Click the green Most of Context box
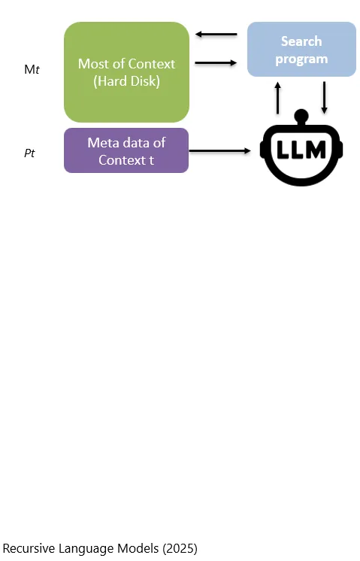pyautogui.click(x=126, y=72)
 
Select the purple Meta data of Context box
pyautogui.click(x=126, y=150)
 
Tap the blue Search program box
pyautogui.click(x=301, y=50)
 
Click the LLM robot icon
pyautogui.click(x=301, y=147)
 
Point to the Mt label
pyautogui.click(x=32, y=69)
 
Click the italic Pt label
pyautogui.click(x=29, y=153)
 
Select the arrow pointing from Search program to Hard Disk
pyautogui.click(x=216, y=35)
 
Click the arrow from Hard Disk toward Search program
pyautogui.click(x=216, y=63)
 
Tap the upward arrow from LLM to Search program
pyautogui.click(x=277, y=98)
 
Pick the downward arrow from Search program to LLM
pyautogui.click(x=324, y=98)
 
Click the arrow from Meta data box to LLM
pyautogui.click(x=220, y=151)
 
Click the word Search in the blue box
pyautogui.click(x=301, y=41)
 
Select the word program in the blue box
pyautogui.click(x=301, y=59)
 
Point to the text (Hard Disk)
pyautogui.click(x=126, y=81)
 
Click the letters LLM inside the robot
pyautogui.click(x=301, y=150)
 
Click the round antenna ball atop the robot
pyautogui.click(x=301, y=116)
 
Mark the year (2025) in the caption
pyautogui.click(x=180, y=548)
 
